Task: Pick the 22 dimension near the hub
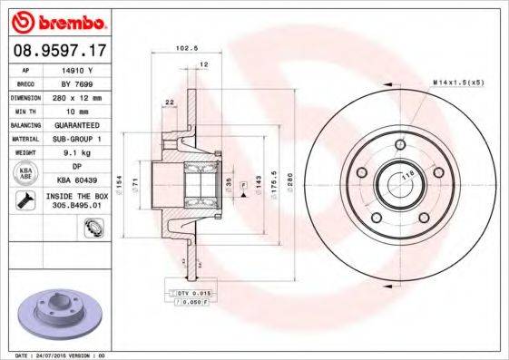pyautogui.click(x=170, y=102)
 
